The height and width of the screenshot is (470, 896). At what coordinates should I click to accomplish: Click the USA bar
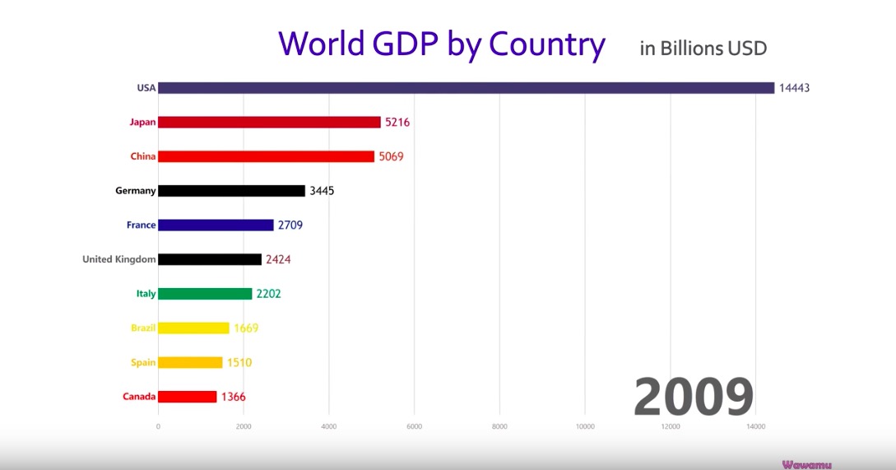(466, 88)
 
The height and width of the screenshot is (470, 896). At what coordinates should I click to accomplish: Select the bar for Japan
(269, 122)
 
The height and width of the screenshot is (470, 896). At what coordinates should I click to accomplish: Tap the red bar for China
(266, 156)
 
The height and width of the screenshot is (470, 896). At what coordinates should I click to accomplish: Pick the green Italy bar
(205, 293)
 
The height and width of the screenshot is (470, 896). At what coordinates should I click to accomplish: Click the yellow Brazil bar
(193, 328)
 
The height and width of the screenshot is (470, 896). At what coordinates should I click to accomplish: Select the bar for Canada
(187, 397)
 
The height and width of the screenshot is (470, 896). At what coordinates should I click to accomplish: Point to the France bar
(216, 225)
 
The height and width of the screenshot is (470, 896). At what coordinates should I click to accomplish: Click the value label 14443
(796, 88)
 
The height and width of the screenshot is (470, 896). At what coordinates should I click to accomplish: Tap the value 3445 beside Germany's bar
(321, 191)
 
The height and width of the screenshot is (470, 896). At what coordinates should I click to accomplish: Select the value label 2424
(278, 259)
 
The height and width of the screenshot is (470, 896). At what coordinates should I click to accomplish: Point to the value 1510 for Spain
(239, 362)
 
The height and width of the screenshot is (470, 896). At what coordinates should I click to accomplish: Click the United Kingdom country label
(118, 259)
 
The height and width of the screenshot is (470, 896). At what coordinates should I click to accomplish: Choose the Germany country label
(135, 191)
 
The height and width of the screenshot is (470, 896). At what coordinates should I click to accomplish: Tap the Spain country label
(143, 362)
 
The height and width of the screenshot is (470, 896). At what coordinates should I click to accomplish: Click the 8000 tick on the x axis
(499, 426)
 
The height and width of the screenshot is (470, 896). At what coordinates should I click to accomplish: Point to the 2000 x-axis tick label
(244, 426)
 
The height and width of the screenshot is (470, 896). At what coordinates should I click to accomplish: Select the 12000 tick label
(671, 426)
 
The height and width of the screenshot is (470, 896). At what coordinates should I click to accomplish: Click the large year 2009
(694, 397)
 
